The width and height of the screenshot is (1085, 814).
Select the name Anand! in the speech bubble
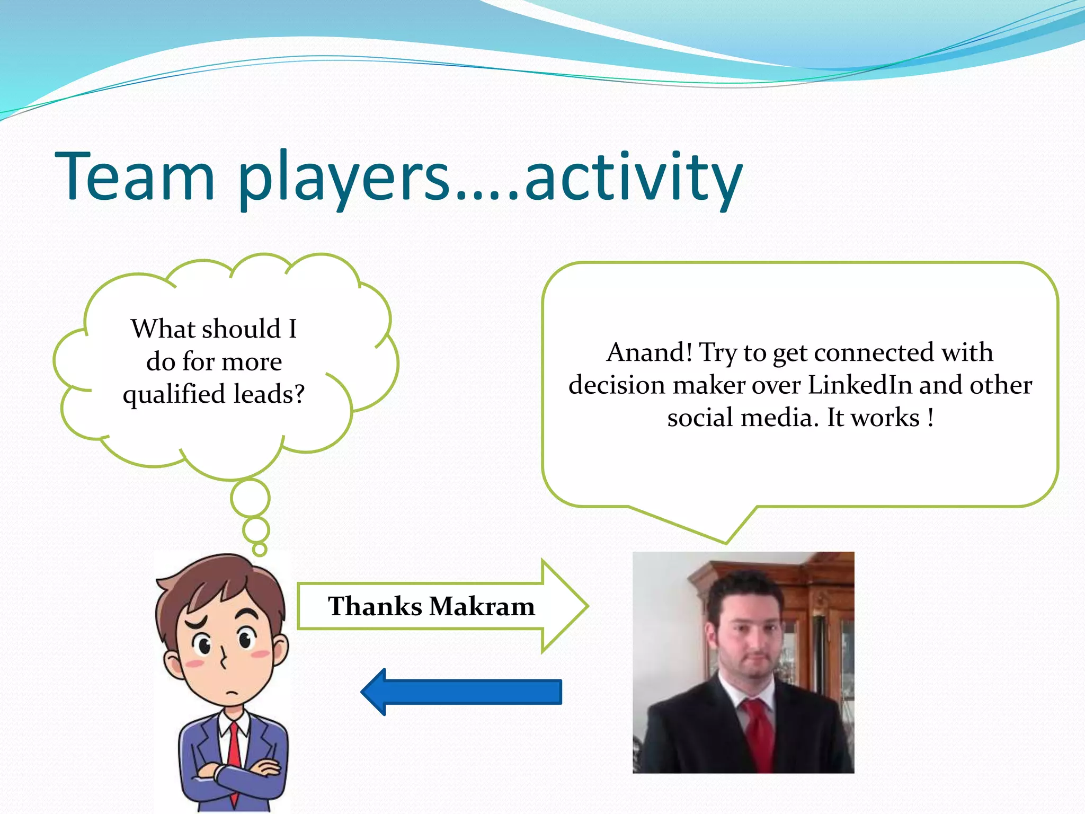(x=649, y=352)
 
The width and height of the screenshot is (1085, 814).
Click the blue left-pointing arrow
(x=461, y=692)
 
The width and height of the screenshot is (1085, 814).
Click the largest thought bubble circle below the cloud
(x=250, y=498)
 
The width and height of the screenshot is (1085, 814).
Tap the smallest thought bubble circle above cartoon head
(x=260, y=549)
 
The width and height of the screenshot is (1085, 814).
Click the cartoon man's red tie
(x=234, y=753)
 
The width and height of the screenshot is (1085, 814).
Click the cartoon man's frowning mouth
(x=232, y=694)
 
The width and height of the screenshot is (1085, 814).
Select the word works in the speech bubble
(x=885, y=418)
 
